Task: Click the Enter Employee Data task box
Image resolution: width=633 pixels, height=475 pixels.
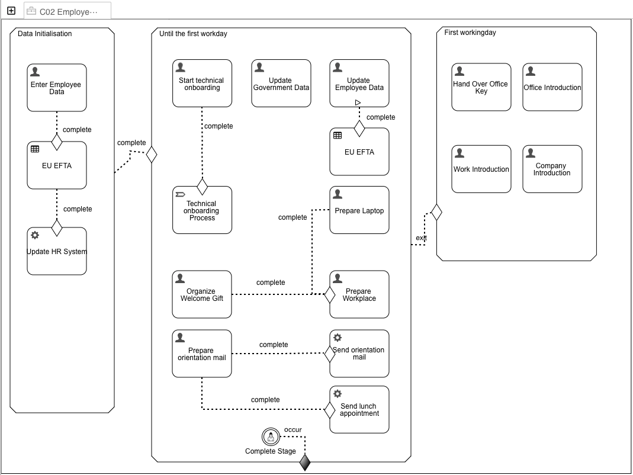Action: [57, 88]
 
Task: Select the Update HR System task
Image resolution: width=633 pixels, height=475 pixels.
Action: [57, 252]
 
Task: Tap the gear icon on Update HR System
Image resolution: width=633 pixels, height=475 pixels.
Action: [35, 235]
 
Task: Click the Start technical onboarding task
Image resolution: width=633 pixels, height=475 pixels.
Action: [202, 84]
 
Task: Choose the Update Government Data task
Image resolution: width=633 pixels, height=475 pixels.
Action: [281, 84]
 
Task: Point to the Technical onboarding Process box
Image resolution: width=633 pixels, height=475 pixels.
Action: [202, 211]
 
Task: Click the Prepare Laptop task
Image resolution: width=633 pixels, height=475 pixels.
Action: [359, 211]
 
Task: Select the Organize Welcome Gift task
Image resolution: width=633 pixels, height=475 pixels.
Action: [202, 295]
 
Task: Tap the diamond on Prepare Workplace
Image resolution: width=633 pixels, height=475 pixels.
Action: [330, 294]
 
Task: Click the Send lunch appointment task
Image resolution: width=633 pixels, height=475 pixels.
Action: [359, 410]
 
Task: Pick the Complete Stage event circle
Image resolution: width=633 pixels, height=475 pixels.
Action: [271, 437]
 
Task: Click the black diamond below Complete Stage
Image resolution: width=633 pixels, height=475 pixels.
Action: [305, 462]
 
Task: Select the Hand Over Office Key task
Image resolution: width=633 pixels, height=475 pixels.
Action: [481, 88]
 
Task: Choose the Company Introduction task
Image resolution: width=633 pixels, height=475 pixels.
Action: [552, 169]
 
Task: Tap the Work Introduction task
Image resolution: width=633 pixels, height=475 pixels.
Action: [481, 169]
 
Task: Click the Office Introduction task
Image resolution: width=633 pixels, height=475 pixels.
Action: [552, 88]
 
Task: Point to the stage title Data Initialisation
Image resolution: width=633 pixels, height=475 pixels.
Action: [45, 34]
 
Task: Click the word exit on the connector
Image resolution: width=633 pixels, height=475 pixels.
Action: [421, 238]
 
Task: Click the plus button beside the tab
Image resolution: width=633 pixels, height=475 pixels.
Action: [11, 11]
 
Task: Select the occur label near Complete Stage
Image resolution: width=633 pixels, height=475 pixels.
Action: [293, 429]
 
